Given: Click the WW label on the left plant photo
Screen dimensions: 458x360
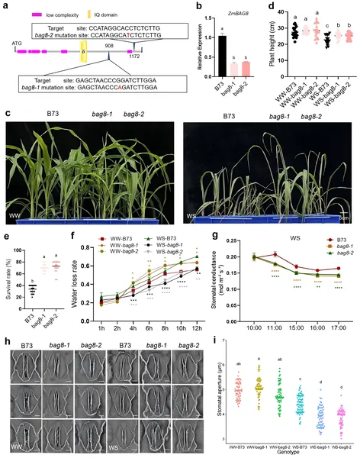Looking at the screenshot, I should (12, 202).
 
